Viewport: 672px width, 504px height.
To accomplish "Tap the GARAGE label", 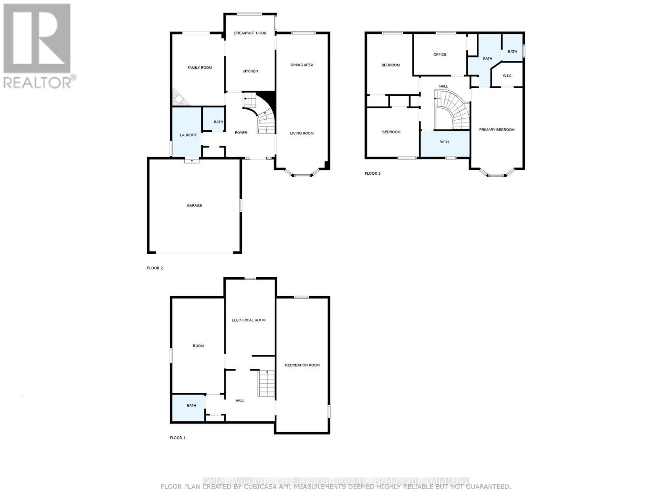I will [x=194, y=205].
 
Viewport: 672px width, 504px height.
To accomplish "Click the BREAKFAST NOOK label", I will [x=250, y=33].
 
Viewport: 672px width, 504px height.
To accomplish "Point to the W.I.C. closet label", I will [x=507, y=76].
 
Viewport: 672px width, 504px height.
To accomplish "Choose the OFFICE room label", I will [x=440, y=55].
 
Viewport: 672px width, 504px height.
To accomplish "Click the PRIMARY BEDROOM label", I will [x=496, y=130].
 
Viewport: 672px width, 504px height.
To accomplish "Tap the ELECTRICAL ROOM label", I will [x=248, y=320].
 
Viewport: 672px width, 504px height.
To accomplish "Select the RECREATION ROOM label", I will [x=302, y=365].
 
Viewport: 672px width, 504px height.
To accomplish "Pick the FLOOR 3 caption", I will [x=372, y=173].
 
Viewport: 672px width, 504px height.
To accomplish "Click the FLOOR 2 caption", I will [x=155, y=268].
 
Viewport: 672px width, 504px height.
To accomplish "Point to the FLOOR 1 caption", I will [x=177, y=438].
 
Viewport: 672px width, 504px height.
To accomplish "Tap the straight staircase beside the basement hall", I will [x=266, y=383].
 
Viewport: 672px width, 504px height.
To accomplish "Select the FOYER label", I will [x=241, y=133].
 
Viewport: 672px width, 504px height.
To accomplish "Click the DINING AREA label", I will [x=302, y=65].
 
